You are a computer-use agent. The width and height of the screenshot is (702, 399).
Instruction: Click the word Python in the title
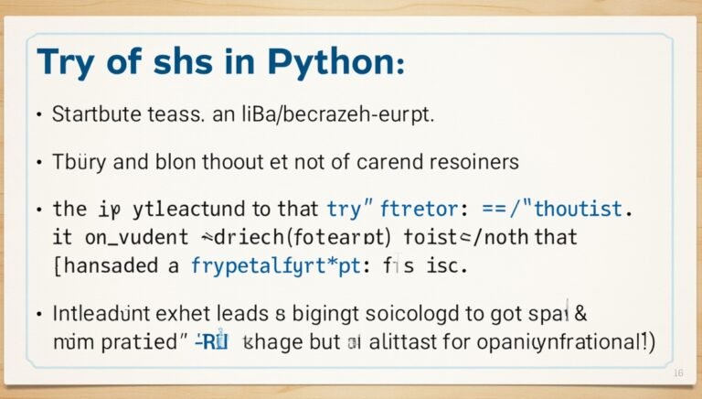point(328,64)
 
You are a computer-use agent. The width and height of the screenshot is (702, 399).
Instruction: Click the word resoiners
point(472,162)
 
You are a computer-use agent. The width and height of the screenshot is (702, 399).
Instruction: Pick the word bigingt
point(310,315)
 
